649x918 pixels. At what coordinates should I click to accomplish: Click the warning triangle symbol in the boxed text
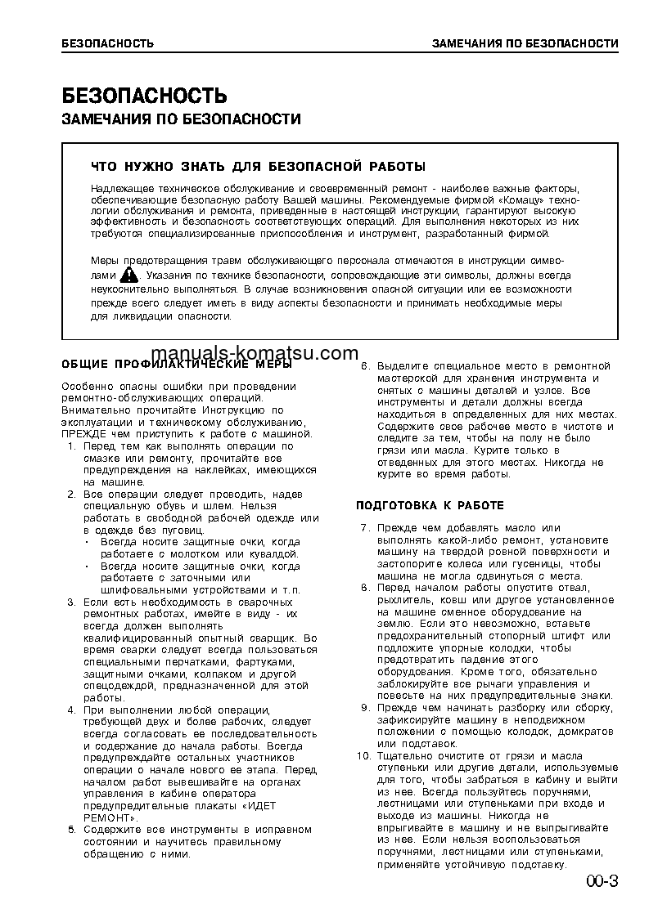pyautogui.click(x=128, y=275)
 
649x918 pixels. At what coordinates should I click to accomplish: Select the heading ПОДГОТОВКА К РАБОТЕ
pyautogui.click(x=430, y=505)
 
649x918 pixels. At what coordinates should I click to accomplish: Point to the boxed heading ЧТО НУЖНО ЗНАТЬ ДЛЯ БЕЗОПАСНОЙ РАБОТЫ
pyautogui.click(x=259, y=167)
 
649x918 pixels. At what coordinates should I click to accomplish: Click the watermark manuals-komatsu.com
pyautogui.click(x=268, y=353)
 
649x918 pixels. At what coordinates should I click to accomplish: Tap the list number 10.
pyautogui.click(x=364, y=756)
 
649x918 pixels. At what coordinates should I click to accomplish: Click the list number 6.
pyautogui.click(x=367, y=365)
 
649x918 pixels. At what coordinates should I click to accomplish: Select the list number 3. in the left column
pyautogui.click(x=72, y=602)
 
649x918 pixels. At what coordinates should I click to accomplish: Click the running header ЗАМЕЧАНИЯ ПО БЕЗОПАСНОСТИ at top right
pyautogui.click(x=525, y=43)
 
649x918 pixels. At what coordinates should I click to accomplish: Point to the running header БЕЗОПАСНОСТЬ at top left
pyautogui.click(x=108, y=43)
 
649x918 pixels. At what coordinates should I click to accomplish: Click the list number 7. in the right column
pyautogui.click(x=367, y=527)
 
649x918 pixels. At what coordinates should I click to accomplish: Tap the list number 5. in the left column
pyautogui.click(x=72, y=829)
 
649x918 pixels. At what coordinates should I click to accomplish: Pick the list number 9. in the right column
pyautogui.click(x=367, y=707)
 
